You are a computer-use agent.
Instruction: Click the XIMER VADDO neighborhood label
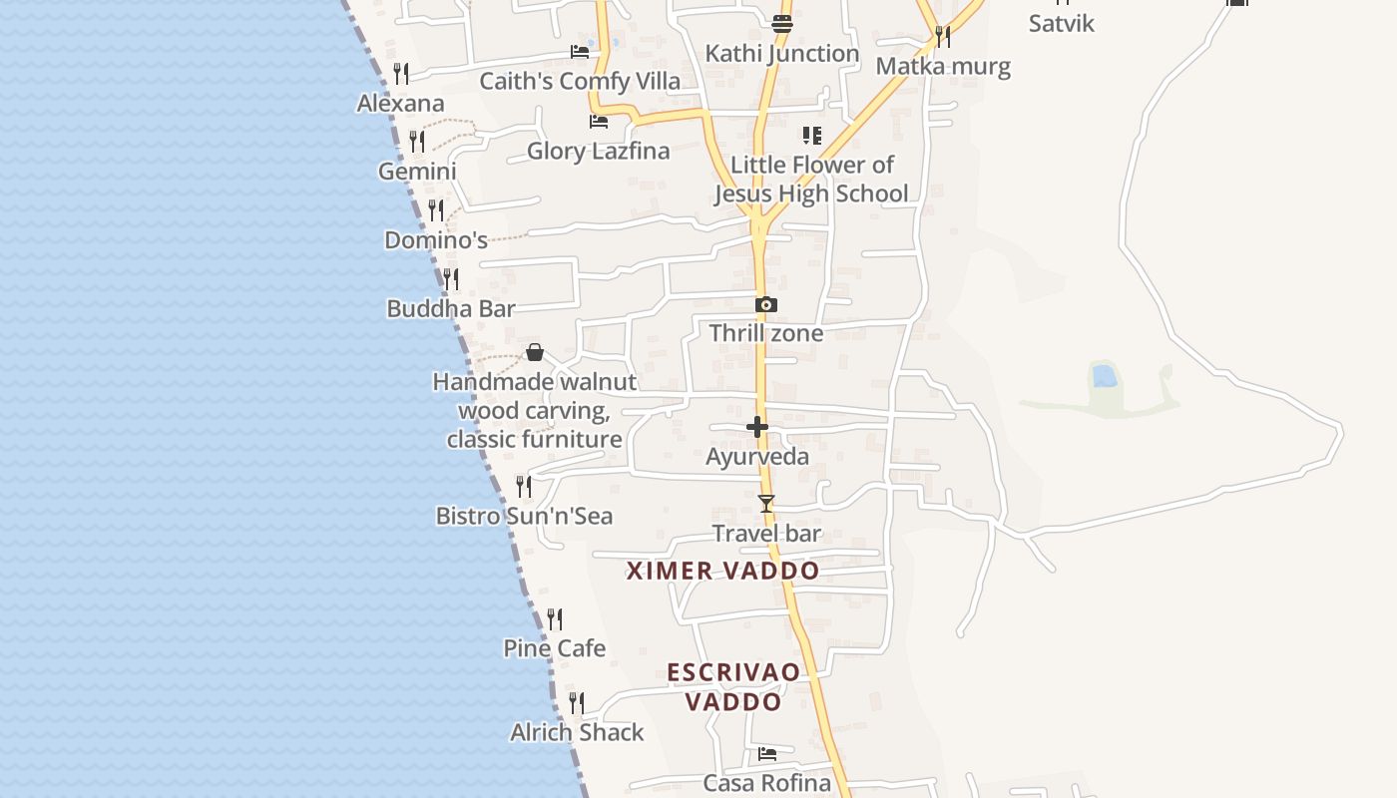[x=723, y=571]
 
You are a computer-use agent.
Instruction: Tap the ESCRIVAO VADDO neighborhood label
[x=733, y=686]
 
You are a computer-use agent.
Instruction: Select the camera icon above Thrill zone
[x=766, y=305]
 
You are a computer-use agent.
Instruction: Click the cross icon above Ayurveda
[x=757, y=428]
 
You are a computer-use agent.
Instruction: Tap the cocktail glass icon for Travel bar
[x=766, y=504]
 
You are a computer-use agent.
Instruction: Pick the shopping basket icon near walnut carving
[x=535, y=352]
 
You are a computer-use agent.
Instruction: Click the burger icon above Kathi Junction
[x=782, y=24]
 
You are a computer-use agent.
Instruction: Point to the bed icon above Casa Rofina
[x=767, y=754]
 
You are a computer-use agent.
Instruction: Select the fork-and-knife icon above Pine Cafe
[x=555, y=619]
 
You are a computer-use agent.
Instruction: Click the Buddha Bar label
[x=451, y=309]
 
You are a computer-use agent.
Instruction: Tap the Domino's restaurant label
[x=436, y=240]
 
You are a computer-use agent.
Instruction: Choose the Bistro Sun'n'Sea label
[x=524, y=517]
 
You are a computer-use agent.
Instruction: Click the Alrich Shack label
[x=577, y=732]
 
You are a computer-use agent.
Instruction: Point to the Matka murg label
[x=943, y=67]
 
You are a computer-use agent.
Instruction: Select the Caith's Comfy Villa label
[x=580, y=82]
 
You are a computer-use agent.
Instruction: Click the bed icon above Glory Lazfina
[x=599, y=122]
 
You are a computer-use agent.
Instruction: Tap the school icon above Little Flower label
[x=812, y=135]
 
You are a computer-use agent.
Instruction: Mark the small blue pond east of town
[x=1104, y=376]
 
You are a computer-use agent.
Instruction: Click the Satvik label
[x=1062, y=24]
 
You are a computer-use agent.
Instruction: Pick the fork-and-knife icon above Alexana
[x=401, y=73]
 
